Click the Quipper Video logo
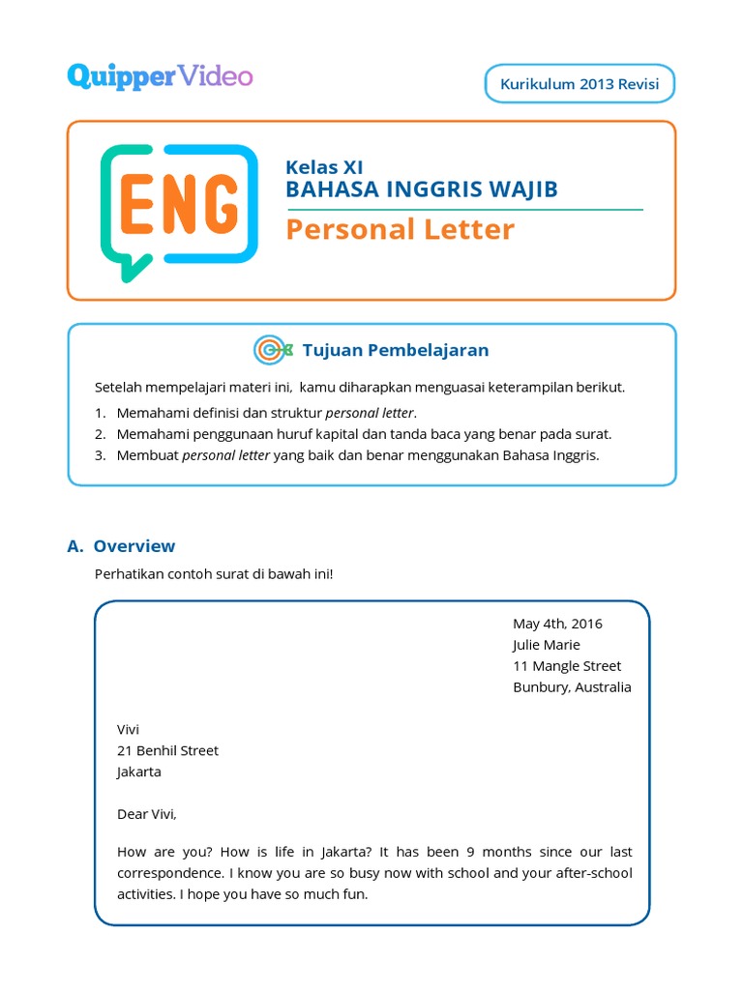click(160, 76)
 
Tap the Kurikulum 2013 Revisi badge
click(579, 84)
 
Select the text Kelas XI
click(324, 167)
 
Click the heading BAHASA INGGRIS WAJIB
click(422, 189)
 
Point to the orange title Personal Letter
click(401, 229)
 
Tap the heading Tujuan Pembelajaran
click(396, 350)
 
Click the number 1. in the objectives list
click(100, 413)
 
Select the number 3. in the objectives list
click(100, 455)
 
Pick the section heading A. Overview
click(121, 546)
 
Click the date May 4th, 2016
click(557, 624)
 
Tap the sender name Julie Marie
click(547, 645)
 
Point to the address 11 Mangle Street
click(567, 666)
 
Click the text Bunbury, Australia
click(572, 687)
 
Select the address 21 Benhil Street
click(167, 750)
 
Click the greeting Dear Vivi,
click(147, 814)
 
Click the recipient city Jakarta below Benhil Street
click(139, 772)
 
